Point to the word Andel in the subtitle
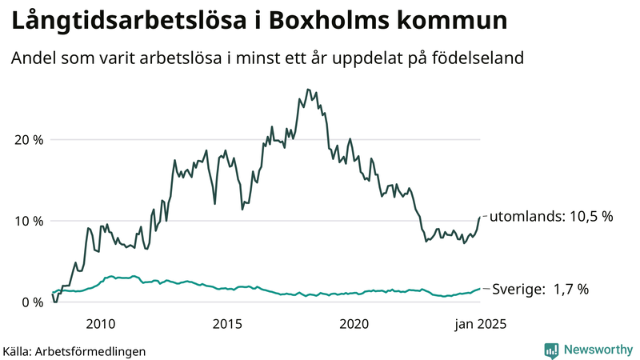click(32, 58)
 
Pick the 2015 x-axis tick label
click(227, 324)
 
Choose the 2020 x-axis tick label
click(354, 324)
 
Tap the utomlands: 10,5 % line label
click(550, 217)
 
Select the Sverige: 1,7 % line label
click(539, 290)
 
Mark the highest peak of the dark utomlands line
click(308, 90)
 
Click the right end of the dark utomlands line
click(480, 217)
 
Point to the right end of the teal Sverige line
click(480, 289)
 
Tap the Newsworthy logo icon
click(551, 350)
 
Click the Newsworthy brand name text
click(597, 350)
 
